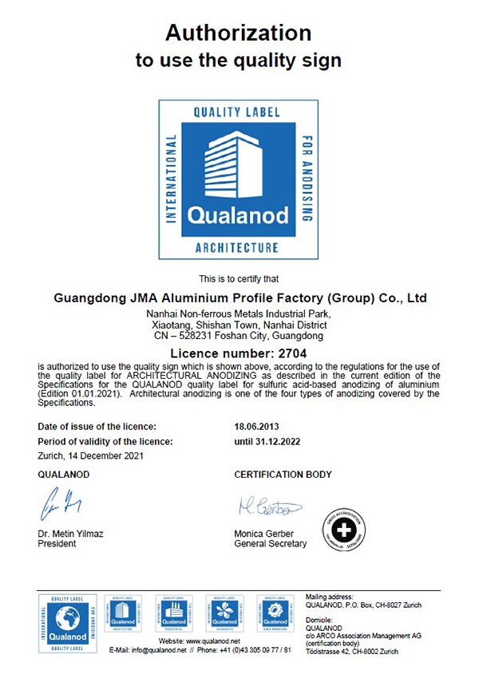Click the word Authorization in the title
238,33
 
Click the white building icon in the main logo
235,167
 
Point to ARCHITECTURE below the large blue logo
237,248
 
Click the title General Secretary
270,544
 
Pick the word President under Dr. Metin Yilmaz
57,544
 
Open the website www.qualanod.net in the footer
212,641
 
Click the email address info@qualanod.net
155,650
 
